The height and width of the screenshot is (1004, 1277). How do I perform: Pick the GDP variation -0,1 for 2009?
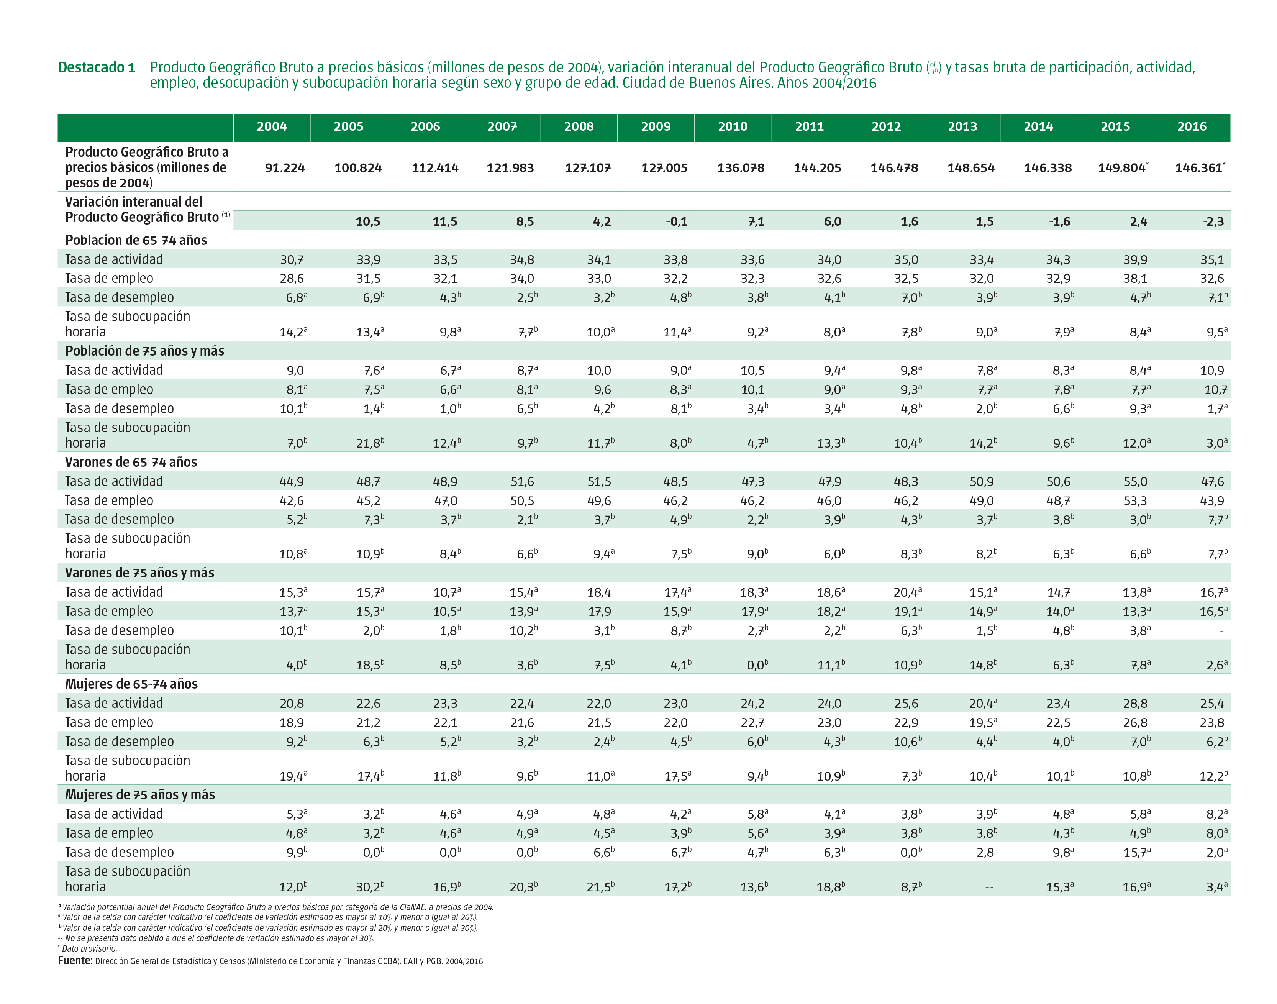(x=676, y=221)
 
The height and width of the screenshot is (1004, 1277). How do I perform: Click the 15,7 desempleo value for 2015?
(x=1136, y=852)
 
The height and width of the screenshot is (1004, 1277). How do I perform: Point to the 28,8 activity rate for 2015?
(x=1135, y=703)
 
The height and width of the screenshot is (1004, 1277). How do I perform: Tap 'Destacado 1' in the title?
(x=97, y=67)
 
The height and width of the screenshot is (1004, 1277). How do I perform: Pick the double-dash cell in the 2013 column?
(x=989, y=887)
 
